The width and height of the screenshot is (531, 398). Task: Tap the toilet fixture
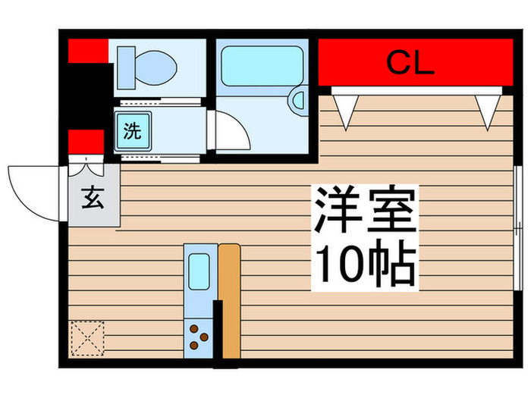[149, 65]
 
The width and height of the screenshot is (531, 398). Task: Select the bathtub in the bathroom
[260, 63]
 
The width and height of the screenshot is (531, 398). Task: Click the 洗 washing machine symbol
[133, 130]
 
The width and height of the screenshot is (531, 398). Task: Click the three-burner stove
[200, 336]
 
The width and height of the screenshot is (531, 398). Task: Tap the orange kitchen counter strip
[228, 299]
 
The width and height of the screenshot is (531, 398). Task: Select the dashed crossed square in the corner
[86, 337]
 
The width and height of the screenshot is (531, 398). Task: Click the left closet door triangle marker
[346, 111]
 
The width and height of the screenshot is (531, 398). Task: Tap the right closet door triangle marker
[485, 111]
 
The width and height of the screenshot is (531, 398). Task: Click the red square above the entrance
[86, 142]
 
